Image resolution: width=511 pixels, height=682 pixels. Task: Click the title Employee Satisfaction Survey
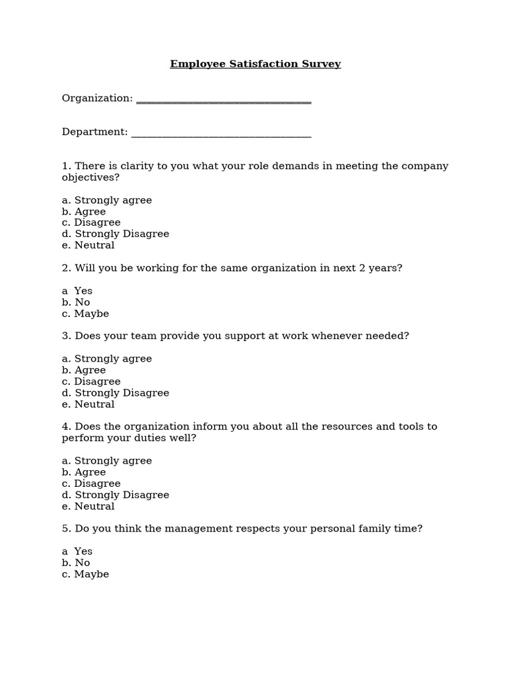pyautogui.click(x=255, y=65)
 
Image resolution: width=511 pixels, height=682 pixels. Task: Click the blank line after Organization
pyautogui.click(x=224, y=102)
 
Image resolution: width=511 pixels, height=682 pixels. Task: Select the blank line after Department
pyautogui.click(x=221, y=136)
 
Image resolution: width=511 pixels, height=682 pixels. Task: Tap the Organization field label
pyautogui.click(x=98, y=99)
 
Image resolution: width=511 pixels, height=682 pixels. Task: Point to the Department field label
pyautogui.click(x=95, y=132)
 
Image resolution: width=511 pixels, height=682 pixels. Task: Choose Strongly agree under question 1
pyautogui.click(x=107, y=200)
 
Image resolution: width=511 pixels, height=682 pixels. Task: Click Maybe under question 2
pyautogui.click(x=86, y=314)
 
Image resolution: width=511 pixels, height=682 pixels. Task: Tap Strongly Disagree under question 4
pyautogui.click(x=116, y=495)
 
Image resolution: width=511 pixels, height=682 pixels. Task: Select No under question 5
pyautogui.click(x=77, y=563)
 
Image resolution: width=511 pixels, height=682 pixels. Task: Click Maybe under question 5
pyautogui.click(x=86, y=574)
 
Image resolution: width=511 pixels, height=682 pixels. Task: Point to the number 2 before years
pyautogui.click(x=366, y=268)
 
